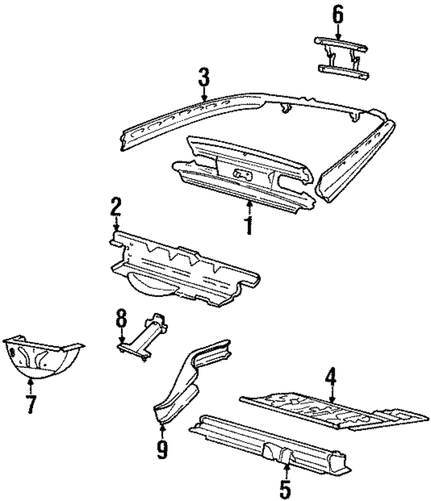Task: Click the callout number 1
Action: [248, 224]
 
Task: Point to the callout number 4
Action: [331, 378]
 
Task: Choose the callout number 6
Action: [337, 14]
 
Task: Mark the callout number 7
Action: [30, 406]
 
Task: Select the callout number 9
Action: [162, 448]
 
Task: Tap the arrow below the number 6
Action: [337, 31]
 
